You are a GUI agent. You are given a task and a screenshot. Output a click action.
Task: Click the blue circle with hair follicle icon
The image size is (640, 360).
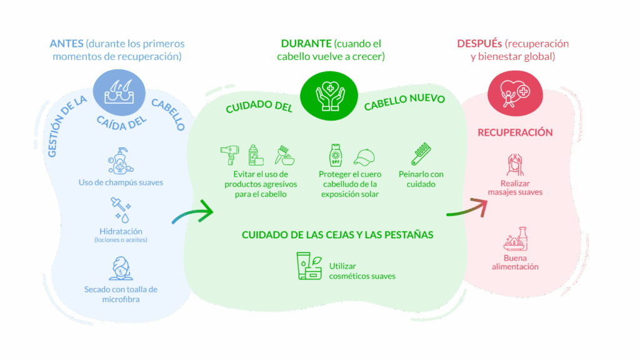click(x=119, y=92)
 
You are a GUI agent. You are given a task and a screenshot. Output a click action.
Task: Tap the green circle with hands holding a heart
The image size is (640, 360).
click(x=329, y=96)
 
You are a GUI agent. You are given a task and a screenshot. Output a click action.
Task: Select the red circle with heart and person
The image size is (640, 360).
click(x=515, y=94)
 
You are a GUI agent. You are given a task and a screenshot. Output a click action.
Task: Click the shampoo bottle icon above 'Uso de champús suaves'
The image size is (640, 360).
click(x=121, y=161)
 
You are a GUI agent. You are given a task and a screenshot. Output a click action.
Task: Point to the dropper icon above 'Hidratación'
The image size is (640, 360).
click(x=121, y=210)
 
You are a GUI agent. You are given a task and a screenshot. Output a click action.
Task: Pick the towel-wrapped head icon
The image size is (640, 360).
click(x=121, y=268)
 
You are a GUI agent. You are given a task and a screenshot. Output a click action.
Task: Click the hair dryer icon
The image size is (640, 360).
click(x=230, y=155)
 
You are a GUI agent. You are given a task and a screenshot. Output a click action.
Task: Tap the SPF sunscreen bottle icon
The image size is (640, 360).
click(x=336, y=155)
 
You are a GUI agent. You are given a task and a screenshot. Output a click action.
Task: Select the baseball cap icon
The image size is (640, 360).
click(x=364, y=157)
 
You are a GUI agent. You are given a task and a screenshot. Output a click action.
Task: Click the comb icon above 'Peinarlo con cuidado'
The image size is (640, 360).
click(x=421, y=154)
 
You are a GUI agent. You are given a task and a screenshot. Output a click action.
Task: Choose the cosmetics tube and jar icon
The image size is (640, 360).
click(x=309, y=266)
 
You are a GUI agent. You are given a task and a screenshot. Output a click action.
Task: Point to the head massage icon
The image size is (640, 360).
click(x=515, y=164)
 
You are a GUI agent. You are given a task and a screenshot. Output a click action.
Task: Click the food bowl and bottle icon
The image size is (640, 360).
click(x=516, y=239)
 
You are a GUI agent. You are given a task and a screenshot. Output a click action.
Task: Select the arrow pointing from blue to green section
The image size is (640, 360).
click(x=192, y=211)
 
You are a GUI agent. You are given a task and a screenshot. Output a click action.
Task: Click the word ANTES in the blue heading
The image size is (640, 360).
click(x=66, y=43)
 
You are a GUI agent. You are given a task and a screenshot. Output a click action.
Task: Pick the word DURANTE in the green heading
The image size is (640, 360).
click(x=306, y=43)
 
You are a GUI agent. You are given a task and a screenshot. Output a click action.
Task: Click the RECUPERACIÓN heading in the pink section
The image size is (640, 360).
click(x=515, y=132)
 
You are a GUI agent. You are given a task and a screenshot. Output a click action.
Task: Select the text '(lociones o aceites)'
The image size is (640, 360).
click(x=121, y=240)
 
